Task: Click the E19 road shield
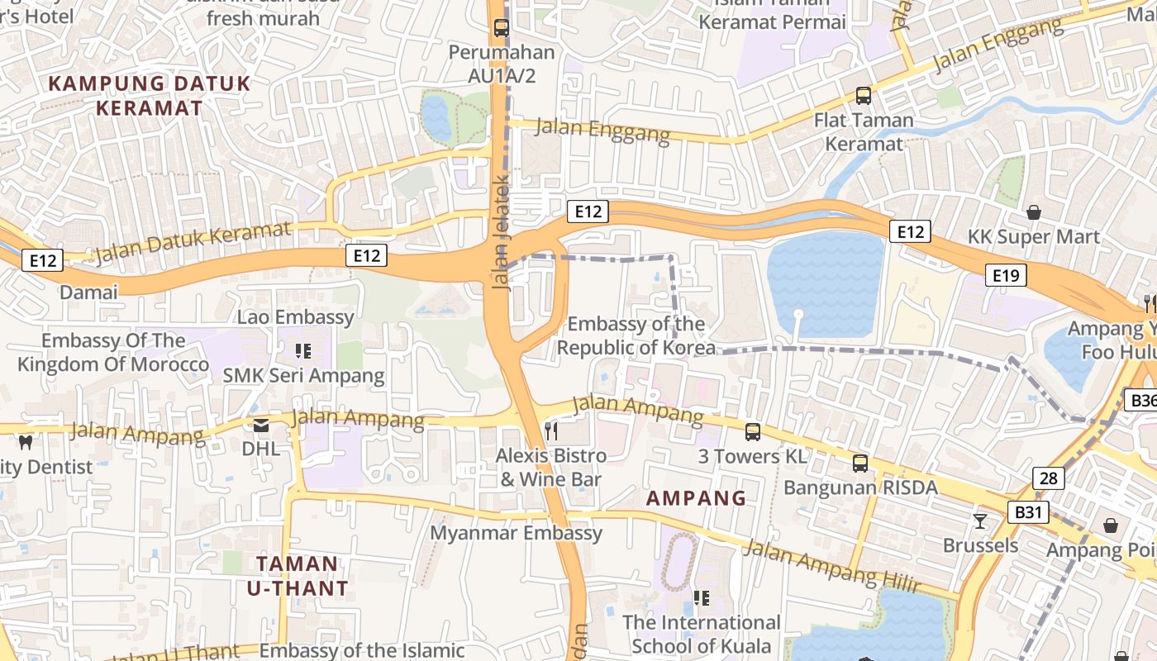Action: (x=1006, y=275)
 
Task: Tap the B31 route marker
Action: (x=1027, y=512)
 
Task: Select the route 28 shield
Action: (x=1048, y=478)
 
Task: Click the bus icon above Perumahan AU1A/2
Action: (x=501, y=27)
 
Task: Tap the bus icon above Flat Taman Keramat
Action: (x=863, y=95)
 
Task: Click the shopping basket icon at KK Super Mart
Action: (x=1033, y=212)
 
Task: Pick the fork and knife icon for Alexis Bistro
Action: (x=551, y=430)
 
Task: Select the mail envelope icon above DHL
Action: (x=261, y=426)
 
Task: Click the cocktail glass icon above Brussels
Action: (x=980, y=521)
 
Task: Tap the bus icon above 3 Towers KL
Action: (x=752, y=431)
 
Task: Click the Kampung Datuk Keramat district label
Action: (x=150, y=95)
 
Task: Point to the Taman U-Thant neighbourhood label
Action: (x=298, y=576)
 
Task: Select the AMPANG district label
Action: (x=696, y=498)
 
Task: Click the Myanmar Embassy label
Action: (x=516, y=533)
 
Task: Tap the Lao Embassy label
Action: (x=295, y=316)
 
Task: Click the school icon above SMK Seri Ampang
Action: (x=303, y=351)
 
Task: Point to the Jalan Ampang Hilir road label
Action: (x=831, y=566)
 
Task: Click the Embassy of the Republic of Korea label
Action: (x=636, y=335)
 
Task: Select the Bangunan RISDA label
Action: (x=860, y=487)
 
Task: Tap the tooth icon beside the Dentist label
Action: (x=25, y=443)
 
